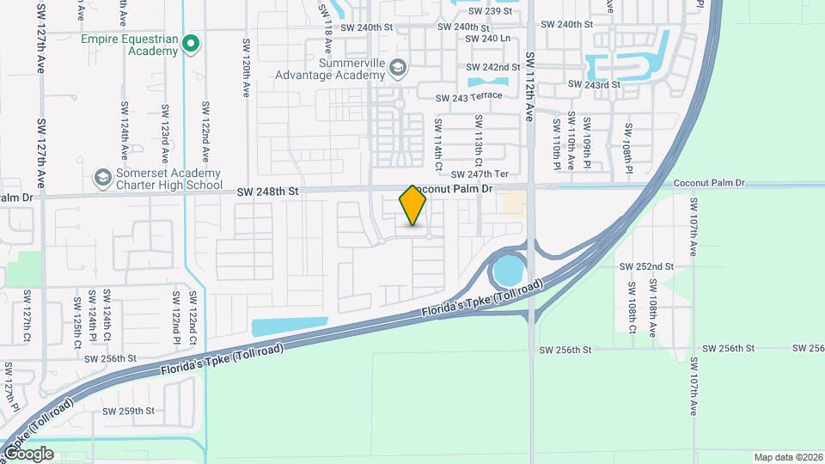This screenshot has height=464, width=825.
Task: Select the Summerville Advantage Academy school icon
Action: (397, 67)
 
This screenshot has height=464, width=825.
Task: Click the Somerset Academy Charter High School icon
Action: (102, 177)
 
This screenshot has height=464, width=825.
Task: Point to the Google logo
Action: (28, 453)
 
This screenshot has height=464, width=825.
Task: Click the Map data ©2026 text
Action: (787, 457)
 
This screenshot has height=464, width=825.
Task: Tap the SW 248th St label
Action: (270, 192)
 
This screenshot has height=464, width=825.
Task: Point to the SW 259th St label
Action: (129, 411)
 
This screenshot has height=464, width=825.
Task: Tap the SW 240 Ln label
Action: (487, 39)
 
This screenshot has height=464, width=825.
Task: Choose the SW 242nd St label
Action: (493, 67)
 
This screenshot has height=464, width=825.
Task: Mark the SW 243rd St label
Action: (594, 84)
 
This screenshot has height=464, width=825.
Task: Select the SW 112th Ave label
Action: (530, 86)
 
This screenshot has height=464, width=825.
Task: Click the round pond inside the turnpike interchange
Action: (507, 272)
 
